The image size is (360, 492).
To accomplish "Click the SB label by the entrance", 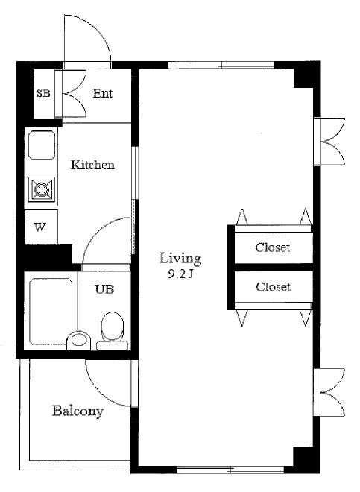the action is pyautogui.click(x=43, y=93).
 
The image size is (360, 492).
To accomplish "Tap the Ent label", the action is pyautogui.click(x=103, y=93).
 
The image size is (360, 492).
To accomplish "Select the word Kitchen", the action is pyautogui.click(x=92, y=165).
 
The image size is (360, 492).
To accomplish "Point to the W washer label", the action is pyautogui.click(x=40, y=227).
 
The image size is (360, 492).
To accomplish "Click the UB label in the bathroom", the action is pyautogui.click(x=104, y=289).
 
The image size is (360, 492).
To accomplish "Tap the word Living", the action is pyautogui.click(x=180, y=259).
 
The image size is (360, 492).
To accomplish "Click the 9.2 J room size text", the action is pyautogui.click(x=180, y=274).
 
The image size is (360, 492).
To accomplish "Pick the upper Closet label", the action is pyautogui.click(x=273, y=247).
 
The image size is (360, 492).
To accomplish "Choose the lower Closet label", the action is pyautogui.click(x=273, y=287).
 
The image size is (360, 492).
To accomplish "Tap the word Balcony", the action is pyautogui.click(x=78, y=411).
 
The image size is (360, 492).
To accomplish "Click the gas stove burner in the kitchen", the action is pyautogui.click(x=42, y=189).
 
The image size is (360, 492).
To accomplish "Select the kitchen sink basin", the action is pyautogui.click(x=42, y=145).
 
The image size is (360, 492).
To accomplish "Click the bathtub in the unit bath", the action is pyautogui.click(x=51, y=311).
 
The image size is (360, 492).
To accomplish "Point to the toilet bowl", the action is pyautogui.click(x=113, y=327).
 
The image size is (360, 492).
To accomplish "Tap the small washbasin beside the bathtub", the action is pyautogui.click(x=78, y=340).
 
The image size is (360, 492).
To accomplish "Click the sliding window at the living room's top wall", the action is pyautogui.click(x=221, y=66).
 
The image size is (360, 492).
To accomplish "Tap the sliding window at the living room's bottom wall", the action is pyautogui.click(x=231, y=470).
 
